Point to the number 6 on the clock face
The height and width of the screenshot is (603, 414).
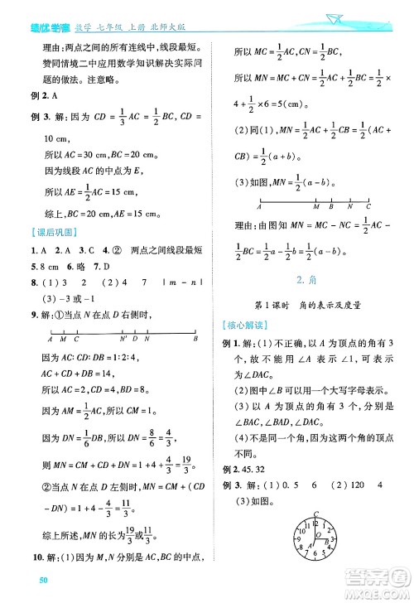pyautogui.click(x=315, y=554)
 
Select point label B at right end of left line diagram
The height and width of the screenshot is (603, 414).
pyautogui.click(x=195, y=339)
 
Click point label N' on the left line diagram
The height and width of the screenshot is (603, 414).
pyautogui.click(x=123, y=339)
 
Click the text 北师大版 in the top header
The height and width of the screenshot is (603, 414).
pyautogui.click(x=181, y=9)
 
